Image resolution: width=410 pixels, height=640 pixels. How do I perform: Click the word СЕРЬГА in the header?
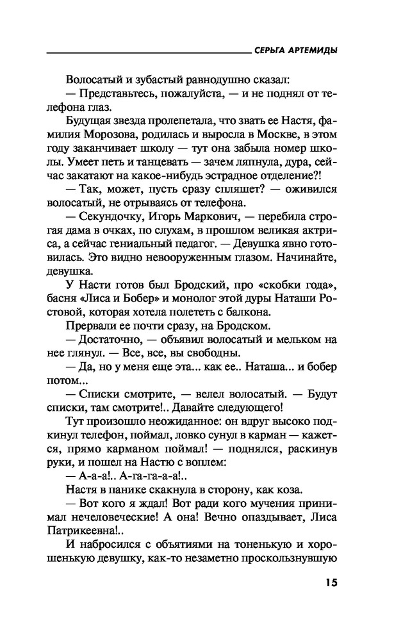point(272,51)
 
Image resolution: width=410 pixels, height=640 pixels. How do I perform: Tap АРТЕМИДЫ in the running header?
point(315,51)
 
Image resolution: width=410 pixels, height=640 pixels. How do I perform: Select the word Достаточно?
point(114,344)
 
